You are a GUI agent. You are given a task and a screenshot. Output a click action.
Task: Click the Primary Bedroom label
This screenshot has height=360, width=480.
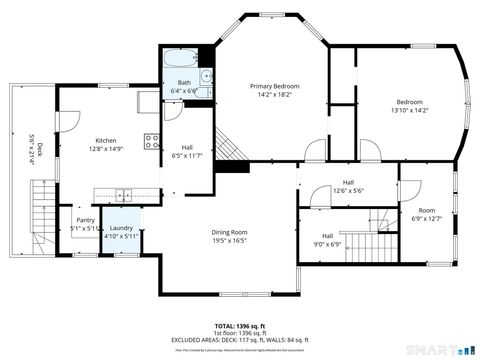tap(274, 87)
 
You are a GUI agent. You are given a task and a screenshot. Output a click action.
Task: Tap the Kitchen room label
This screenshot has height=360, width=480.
tap(107, 140)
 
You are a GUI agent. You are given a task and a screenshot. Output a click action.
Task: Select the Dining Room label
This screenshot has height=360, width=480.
tap(229, 232)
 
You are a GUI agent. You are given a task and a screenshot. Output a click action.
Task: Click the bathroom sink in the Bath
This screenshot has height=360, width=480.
tap(205, 76)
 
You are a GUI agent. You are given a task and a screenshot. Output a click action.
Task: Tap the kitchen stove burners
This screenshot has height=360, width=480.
tap(150, 141)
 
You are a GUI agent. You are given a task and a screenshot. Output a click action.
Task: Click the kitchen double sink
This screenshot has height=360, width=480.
tap(122, 194)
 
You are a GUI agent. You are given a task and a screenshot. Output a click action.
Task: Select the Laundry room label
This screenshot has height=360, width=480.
tap(121, 228)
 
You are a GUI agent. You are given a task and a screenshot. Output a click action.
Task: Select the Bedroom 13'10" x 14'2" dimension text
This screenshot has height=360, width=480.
tap(409, 110)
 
